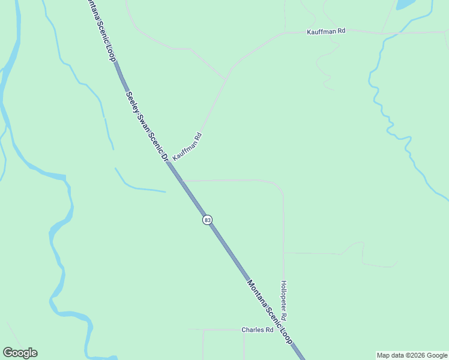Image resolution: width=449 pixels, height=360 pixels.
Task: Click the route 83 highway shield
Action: (x=207, y=220)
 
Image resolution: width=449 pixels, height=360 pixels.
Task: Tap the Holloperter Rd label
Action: (x=284, y=300)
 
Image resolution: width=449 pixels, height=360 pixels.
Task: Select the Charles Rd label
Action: (x=258, y=330)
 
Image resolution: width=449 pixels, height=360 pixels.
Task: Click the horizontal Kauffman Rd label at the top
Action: (x=326, y=31)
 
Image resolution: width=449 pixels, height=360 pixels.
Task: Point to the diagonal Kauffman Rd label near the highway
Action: (x=187, y=146)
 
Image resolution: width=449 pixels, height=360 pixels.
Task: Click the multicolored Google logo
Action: (x=20, y=353)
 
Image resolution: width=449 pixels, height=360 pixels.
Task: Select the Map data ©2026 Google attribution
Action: (x=412, y=355)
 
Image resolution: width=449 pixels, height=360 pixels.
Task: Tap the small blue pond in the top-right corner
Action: (x=405, y=4)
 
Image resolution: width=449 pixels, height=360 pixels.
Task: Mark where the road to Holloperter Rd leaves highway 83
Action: (x=182, y=180)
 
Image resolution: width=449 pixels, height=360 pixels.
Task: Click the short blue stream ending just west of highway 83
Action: (x=141, y=189)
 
